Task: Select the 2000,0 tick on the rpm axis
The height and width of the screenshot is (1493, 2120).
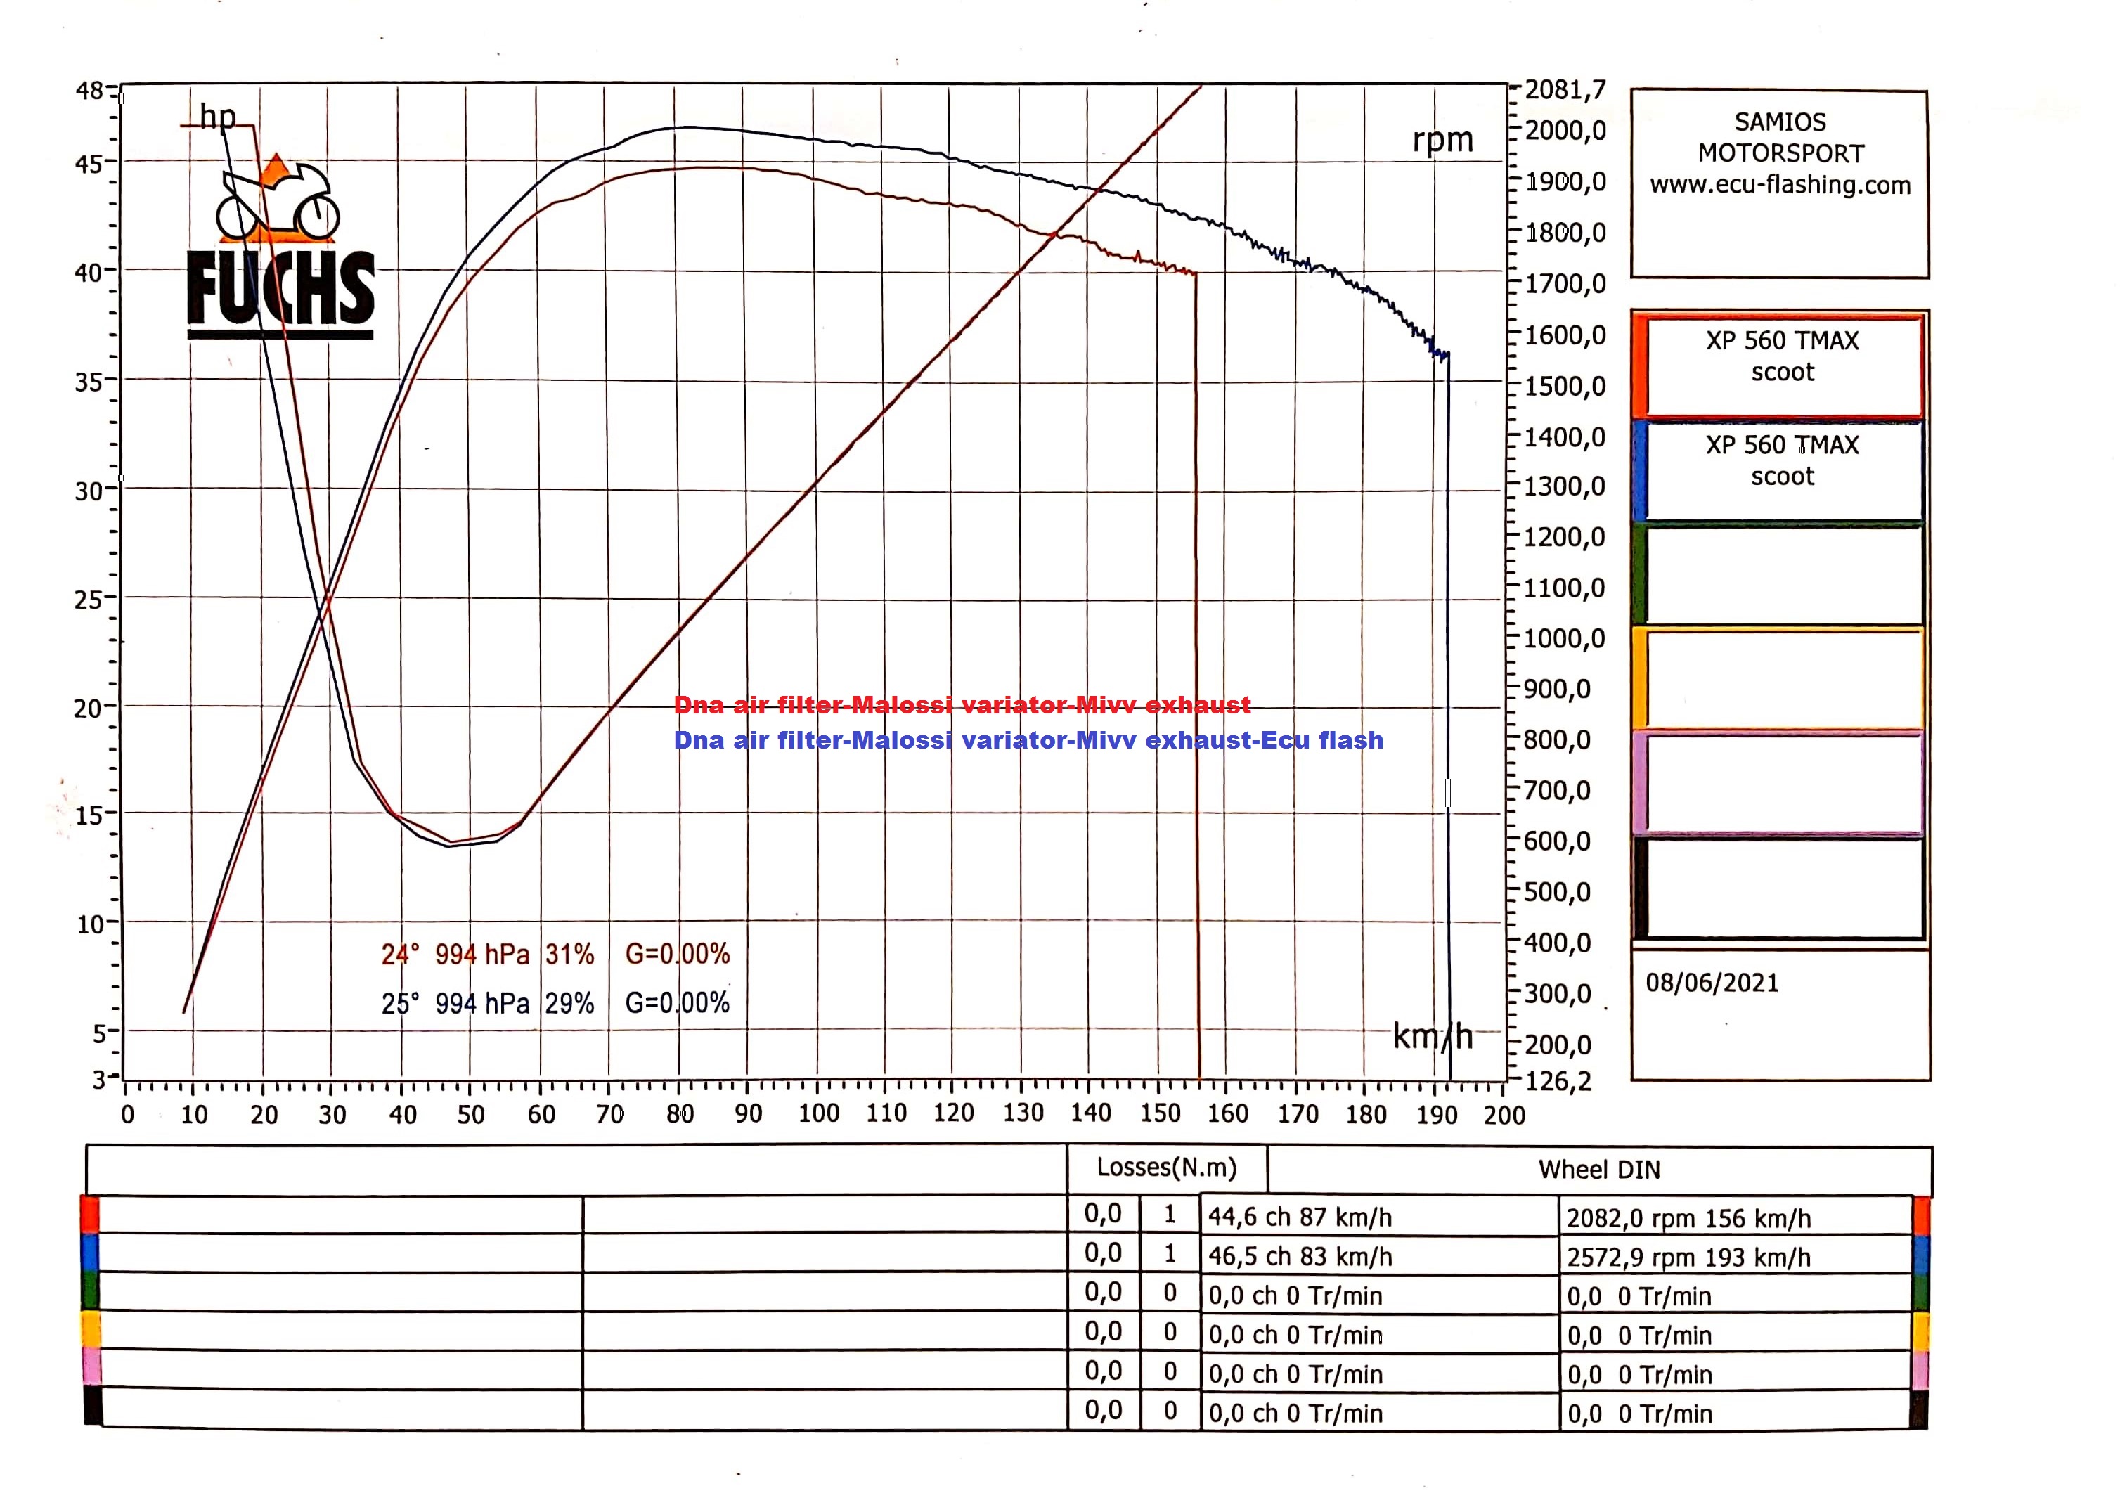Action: click(x=1565, y=130)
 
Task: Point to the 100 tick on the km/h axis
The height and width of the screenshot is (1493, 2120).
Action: click(x=818, y=1113)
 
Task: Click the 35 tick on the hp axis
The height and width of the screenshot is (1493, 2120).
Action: click(x=89, y=380)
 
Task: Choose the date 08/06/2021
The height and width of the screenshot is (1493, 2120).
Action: click(x=1711, y=983)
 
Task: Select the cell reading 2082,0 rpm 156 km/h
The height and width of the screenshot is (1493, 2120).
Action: click(x=1688, y=1218)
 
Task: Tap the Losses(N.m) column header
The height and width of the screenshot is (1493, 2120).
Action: click(x=1166, y=1168)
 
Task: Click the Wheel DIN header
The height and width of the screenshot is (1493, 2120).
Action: click(x=1598, y=1170)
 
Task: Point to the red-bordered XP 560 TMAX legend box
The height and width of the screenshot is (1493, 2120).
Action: click(x=1781, y=365)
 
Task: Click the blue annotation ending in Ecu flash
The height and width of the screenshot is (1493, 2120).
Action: click(x=1028, y=740)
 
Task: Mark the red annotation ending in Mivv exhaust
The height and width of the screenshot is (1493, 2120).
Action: click(x=962, y=706)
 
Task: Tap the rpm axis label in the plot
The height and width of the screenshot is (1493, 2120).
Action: click(x=1442, y=141)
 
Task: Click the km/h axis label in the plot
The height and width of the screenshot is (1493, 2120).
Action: click(x=1432, y=1037)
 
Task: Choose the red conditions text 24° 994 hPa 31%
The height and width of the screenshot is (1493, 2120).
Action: click(x=488, y=954)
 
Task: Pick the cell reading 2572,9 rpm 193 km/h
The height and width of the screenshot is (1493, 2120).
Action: click(x=1688, y=1258)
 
